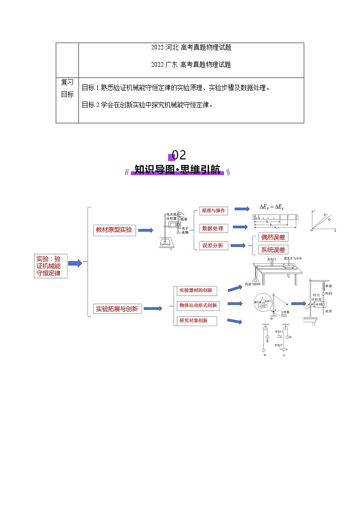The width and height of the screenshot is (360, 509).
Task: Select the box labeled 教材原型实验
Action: [x=113, y=230]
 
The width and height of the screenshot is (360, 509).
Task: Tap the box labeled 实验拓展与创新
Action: [x=117, y=309]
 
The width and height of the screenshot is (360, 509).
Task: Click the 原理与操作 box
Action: [x=212, y=211]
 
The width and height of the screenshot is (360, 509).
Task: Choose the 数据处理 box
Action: [x=212, y=228]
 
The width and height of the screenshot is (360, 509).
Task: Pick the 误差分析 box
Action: [x=212, y=245]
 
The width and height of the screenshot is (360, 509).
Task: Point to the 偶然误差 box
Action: [x=273, y=237]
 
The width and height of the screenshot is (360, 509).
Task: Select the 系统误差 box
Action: [x=273, y=250]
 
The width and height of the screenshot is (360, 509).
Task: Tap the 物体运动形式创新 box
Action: [x=198, y=305]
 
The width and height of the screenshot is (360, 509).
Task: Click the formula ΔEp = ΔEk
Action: [x=272, y=207]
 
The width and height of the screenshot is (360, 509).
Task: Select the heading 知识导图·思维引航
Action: [x=177, y=170]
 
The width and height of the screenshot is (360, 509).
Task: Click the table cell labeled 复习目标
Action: [x=67, y=88]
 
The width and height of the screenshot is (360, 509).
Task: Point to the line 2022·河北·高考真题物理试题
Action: [x=191, y=47]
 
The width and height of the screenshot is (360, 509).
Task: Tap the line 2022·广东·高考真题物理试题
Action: [x=191, y=64]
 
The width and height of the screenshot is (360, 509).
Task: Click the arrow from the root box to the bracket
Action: [x=74, y=263]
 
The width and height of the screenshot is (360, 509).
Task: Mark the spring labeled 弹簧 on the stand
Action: [x=323, y=287]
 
